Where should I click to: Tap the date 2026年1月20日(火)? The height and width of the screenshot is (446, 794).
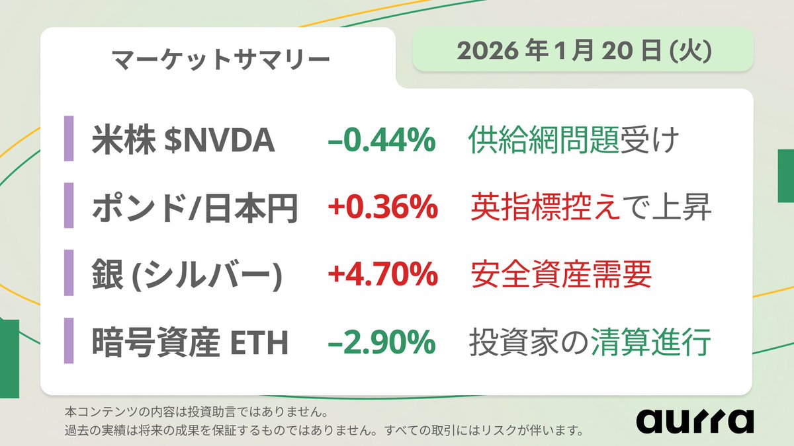pos(582,51)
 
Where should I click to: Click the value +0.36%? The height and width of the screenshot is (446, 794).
pos(382,207)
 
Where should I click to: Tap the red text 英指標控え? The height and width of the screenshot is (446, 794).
pos(545,207)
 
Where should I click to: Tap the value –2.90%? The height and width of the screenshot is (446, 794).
pos(381,343)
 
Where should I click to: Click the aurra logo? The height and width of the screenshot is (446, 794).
pos(695,420)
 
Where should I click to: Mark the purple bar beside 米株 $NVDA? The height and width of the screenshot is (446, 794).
pos(68,139)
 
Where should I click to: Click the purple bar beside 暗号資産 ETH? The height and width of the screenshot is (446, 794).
pos(68,340)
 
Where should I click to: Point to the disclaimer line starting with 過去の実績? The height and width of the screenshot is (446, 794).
pos(324,431)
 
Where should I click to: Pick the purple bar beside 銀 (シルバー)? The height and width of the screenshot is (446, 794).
pos(68,273)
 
